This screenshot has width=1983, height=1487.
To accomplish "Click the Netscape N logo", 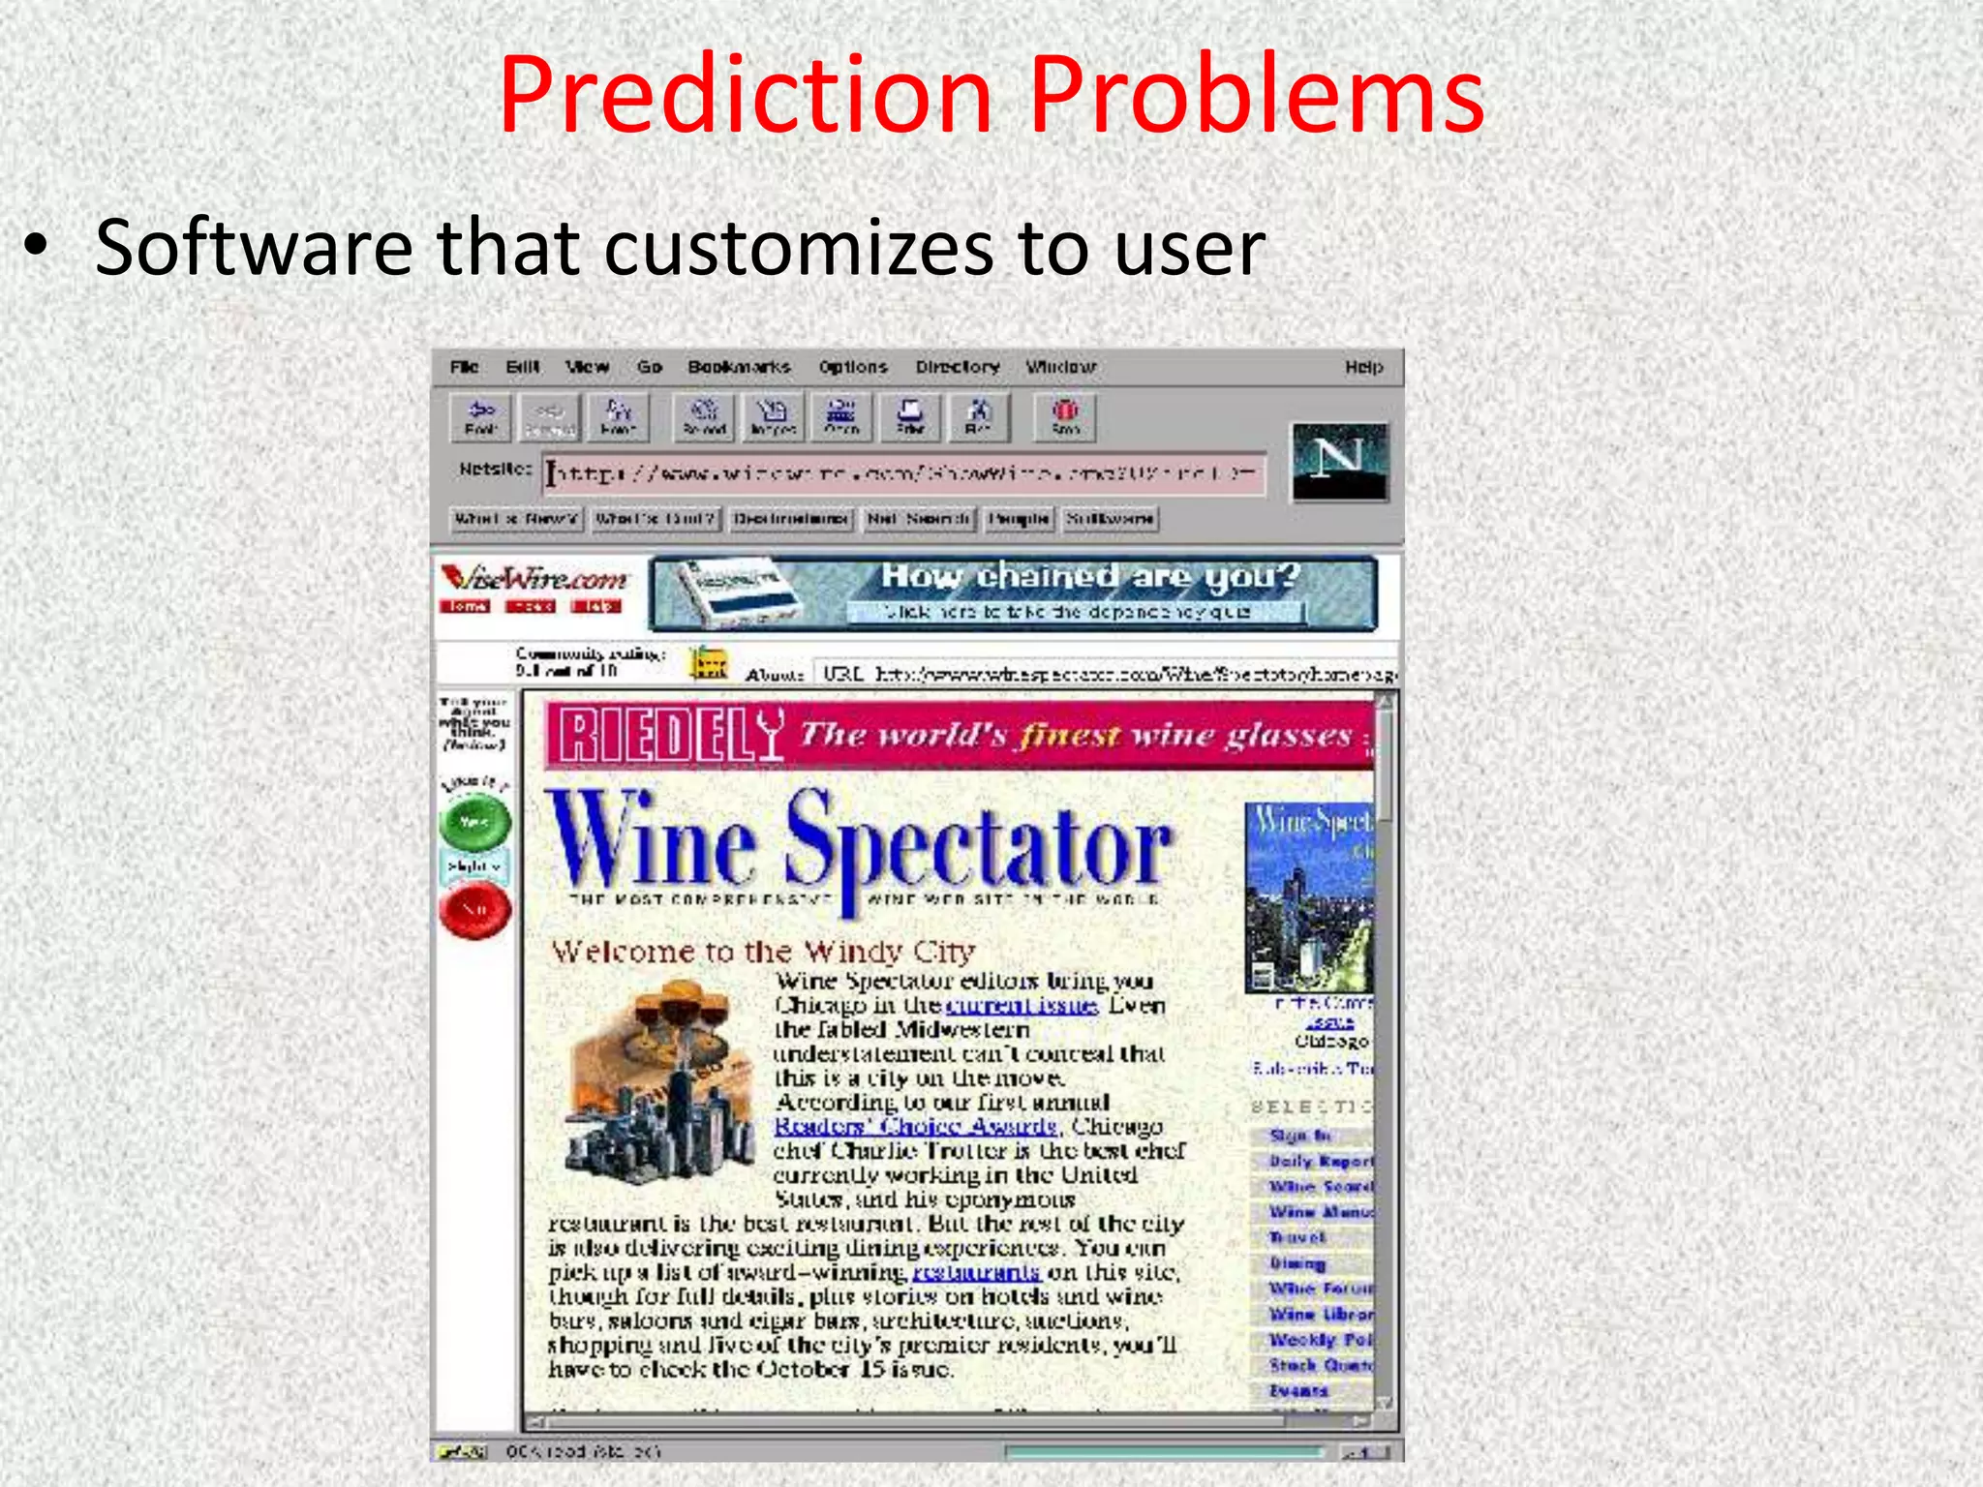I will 1340,462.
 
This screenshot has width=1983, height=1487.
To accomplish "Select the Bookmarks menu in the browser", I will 739,367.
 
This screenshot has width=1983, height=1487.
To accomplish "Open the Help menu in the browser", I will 1363,367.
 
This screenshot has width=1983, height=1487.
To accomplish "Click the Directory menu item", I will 958,367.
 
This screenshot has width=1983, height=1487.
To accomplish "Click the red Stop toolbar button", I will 1065,416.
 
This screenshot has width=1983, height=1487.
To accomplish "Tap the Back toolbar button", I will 481,416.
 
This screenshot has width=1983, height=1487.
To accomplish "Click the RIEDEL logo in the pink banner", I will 669,736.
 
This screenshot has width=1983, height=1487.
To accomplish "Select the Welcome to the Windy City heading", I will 763,952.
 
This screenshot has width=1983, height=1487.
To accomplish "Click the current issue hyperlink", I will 1022,1005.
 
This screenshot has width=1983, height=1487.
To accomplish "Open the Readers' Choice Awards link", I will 915,1126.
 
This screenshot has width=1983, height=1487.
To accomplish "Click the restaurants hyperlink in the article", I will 977,1271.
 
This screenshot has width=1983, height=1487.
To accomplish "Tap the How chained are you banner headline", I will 1089,577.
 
